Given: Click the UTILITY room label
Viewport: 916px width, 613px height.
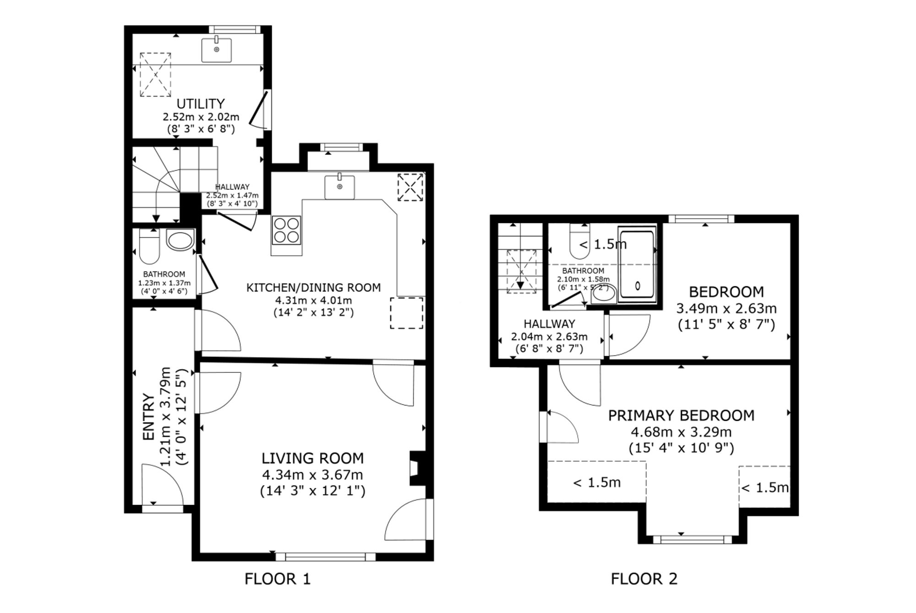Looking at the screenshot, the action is click(201, 104).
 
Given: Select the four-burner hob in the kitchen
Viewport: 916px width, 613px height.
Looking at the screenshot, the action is click(287, 230).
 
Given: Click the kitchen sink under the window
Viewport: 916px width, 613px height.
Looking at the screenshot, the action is click(339, 186).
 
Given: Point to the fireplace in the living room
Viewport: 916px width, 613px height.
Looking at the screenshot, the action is click(419, 468).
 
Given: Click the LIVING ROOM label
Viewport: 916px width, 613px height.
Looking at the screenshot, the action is click(313, 458).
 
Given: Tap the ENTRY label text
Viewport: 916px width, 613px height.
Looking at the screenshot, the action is click(148, 416).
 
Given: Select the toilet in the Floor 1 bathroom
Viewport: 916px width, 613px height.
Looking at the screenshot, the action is click(149, 246).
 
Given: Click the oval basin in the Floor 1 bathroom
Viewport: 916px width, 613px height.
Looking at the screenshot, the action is click(180, 241).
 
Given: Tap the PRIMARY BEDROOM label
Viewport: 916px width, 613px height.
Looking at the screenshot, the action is click(681, 416).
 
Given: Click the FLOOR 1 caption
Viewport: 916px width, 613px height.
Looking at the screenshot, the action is click(278, 579).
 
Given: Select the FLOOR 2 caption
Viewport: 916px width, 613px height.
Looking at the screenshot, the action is click(644, 579).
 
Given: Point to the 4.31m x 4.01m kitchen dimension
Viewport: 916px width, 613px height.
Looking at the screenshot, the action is click(313, 301).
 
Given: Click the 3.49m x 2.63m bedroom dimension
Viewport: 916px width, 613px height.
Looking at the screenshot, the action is click(726, 308).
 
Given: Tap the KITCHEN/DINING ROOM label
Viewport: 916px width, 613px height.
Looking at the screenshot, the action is click(313, 288).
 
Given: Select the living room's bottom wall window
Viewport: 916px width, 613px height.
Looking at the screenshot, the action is click(325, 557).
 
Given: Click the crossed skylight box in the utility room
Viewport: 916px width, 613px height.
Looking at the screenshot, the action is click(155, 75).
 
